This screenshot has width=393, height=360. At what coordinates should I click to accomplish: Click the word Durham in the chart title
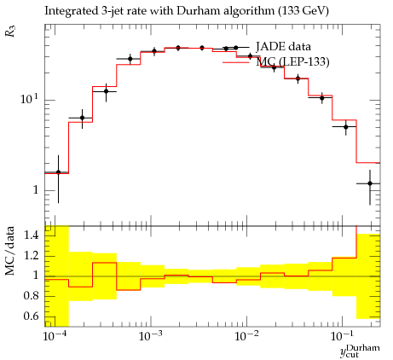pos(198,11)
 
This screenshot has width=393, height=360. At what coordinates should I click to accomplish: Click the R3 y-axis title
pos(11,32)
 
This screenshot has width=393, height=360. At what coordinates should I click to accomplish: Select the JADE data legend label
pos(283,47)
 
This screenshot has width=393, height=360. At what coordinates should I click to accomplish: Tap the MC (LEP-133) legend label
pos(292,61)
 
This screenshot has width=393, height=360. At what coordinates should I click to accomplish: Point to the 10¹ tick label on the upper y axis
pos(29,99)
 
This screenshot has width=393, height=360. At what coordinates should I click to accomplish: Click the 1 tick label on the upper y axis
pos(35,190)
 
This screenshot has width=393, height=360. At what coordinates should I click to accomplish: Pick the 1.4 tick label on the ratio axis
pos(32,235)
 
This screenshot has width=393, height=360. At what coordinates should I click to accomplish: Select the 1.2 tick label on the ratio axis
pos(32,255)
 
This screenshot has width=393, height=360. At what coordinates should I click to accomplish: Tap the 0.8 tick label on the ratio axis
pos(32,296)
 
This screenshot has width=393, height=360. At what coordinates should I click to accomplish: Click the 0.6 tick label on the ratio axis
pos(32,316)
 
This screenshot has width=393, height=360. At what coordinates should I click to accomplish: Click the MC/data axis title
pos(10,251)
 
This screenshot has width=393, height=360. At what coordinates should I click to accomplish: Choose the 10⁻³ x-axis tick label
pos(150,336)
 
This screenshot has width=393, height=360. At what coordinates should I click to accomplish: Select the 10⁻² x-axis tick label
pos(246,336)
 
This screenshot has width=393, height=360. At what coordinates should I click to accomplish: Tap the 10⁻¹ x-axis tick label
pos(341,336)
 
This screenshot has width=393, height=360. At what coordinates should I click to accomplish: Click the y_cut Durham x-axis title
pos(360,351)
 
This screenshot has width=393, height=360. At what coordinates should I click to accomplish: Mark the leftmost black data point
pos(58,172)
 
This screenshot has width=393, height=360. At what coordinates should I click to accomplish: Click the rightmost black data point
pos(370,183)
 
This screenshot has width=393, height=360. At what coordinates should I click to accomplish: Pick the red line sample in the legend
pos(236,62)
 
